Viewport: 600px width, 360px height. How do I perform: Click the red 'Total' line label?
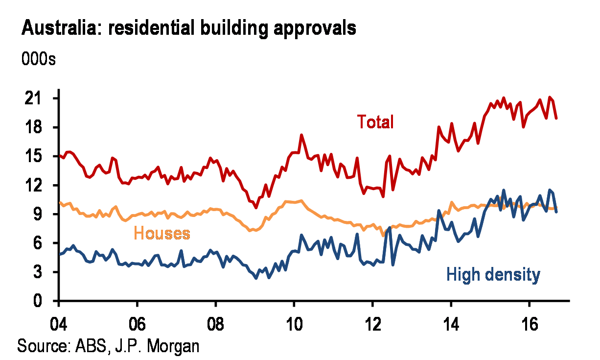coord(375,121)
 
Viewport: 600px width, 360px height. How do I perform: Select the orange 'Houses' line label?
coord(162,234)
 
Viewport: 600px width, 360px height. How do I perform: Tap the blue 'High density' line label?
coord(493,275)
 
